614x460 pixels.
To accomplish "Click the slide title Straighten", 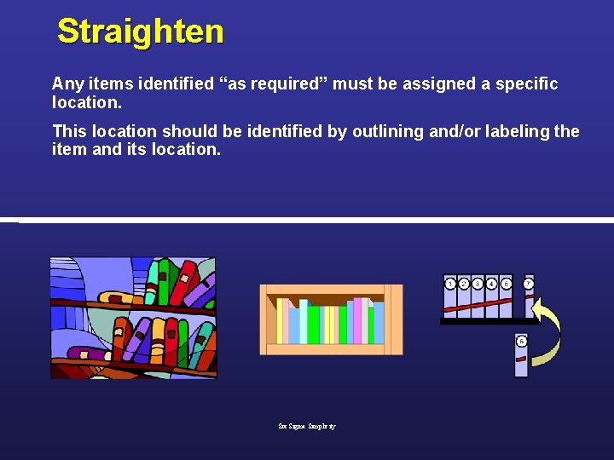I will coord(141,32).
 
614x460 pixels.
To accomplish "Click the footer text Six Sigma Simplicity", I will coord(307,426).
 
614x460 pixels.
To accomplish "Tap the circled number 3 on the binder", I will coord(478,284).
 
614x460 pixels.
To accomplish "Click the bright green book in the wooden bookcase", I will coord(313,325).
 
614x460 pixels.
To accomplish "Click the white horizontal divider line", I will coord(316,220).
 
